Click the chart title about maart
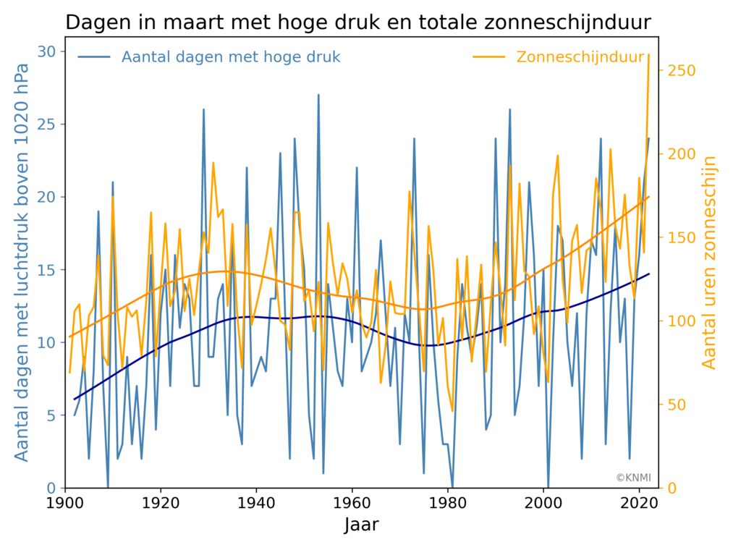[x=357, y=22]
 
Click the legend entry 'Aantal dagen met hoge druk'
[x=230, y=56]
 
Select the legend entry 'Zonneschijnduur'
[x=580, y=56]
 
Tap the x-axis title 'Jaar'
[x=361, y=525]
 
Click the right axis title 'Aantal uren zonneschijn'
[x=709, y=262]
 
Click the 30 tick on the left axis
[x=47, y=51]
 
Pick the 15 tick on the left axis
[x=47, y=270]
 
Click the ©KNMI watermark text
[x=632, y=478]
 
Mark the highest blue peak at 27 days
[x=318, y=96]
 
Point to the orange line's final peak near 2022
[x=648, y=55]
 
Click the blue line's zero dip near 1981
[x=452, y=487]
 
